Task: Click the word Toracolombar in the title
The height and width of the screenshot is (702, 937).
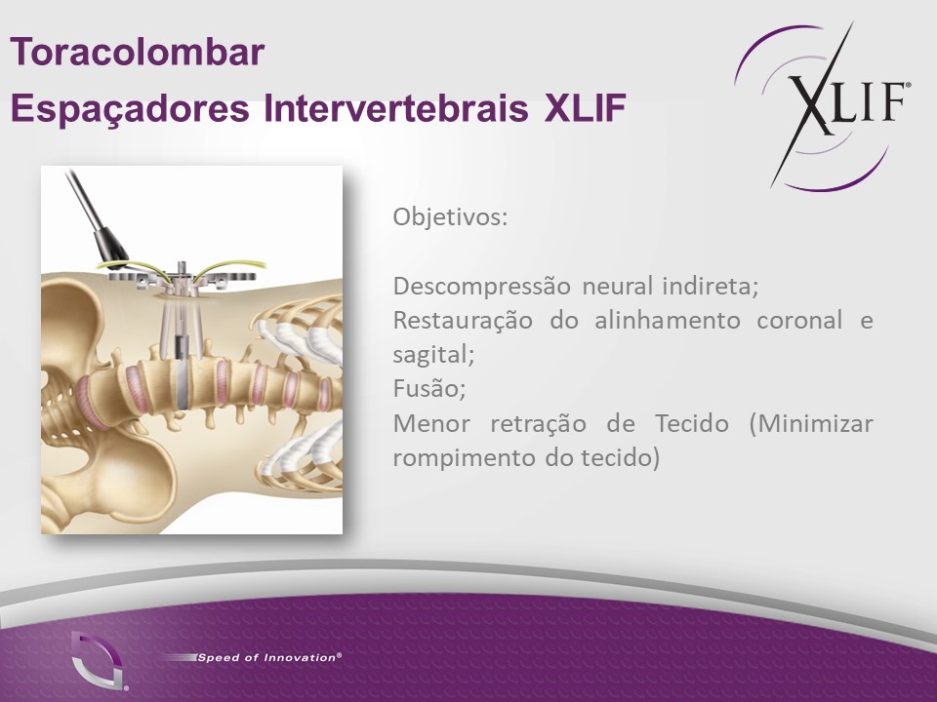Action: (x=138, y=52)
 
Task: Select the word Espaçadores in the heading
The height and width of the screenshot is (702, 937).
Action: (x=130, y=108)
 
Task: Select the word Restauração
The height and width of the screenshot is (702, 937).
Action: (x=463, y=321)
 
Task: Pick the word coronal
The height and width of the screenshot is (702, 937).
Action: (x=799, y=321)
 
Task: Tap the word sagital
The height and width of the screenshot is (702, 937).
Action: (x=433, y=355)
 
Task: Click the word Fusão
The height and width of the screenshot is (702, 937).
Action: (x=429, y=389)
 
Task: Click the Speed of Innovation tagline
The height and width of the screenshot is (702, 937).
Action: (x=269, y=658)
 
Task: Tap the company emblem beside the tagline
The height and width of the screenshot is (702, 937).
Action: (x=99, y=660)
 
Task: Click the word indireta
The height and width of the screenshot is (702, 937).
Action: (x=710, y=287)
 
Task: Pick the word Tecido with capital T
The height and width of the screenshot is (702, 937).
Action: (x=692, y=424)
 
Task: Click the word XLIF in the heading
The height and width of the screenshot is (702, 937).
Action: (x=585, y=107)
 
